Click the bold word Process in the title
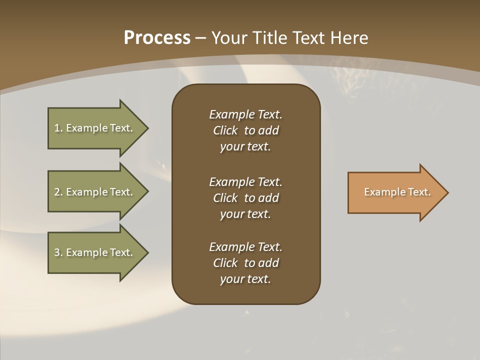click(157, 38)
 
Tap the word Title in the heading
click(270, 38)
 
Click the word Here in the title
click(348, 38)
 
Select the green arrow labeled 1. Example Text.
click(95, 128)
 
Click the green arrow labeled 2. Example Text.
click(95, 192)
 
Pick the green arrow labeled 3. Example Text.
click(95, 252)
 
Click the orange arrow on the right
click(395, 192)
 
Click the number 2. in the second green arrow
click(58, 192)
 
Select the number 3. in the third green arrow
click(58, 252)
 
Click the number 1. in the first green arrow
click(58, 128)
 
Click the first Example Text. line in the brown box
click(245, 114)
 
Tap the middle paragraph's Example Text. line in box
click(245, 181)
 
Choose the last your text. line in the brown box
click(245, 279)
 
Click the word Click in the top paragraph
click(225, 130)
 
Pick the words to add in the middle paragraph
click(261, 197)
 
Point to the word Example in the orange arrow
click(380, 192)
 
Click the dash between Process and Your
click(201, 38)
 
